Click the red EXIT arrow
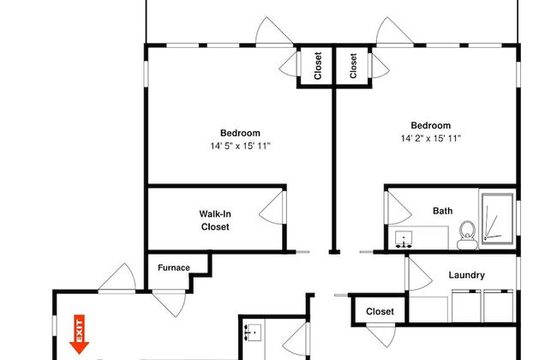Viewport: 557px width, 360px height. click(x=79, y=334)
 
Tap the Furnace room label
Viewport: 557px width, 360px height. click(x=174, y=267)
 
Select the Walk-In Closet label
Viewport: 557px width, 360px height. click(x=215, y=220)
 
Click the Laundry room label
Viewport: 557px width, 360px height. click(x=466, y=275)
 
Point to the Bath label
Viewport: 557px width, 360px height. click(x=443, y=211)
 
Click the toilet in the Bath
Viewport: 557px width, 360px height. click(x=468, y=235)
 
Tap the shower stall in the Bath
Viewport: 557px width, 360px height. click(x=497, y=219)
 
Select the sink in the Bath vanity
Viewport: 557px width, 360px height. click(x=404, y=239)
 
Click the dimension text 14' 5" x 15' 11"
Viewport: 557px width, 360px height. click(x=240, y=146)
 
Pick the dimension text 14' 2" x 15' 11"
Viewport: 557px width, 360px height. click(x=431, y=138)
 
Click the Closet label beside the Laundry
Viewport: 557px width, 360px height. click(x=380, y=312)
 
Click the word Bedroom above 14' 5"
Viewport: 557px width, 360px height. click(x=240, y=133)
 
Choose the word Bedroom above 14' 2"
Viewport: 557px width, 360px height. click(x=431, y=125)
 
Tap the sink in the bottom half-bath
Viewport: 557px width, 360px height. click(x=254, y=333)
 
